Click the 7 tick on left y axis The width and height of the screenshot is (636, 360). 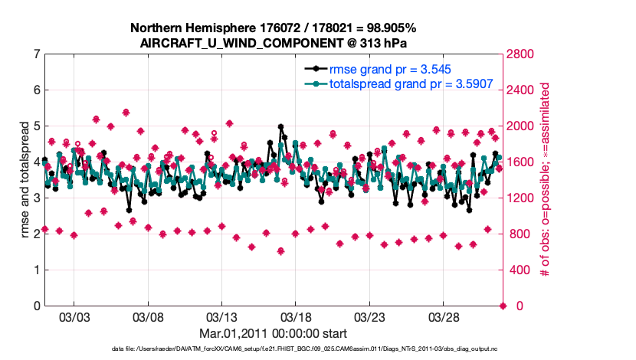(x=37, y=54)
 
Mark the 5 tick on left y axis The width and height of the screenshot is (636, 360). (x=37, y=126)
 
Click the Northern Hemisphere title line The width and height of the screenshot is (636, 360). (x=274, y=28)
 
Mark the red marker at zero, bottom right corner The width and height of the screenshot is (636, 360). (x=503, y=306)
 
